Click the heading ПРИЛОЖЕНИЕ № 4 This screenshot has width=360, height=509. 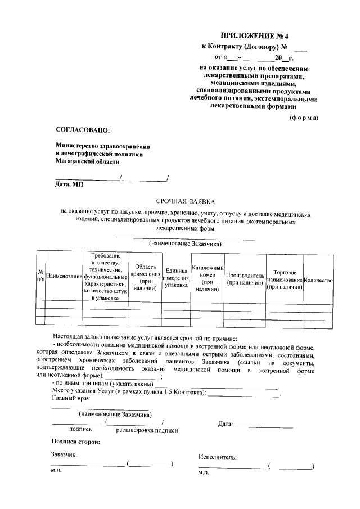254,35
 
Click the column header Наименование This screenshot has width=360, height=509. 64,277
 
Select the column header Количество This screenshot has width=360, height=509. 318,280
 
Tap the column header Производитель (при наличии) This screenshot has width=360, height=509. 245,280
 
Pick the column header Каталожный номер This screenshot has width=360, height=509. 208,277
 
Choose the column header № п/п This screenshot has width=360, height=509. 40,276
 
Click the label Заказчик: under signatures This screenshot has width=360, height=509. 64,454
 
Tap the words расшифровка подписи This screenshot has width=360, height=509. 147,430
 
